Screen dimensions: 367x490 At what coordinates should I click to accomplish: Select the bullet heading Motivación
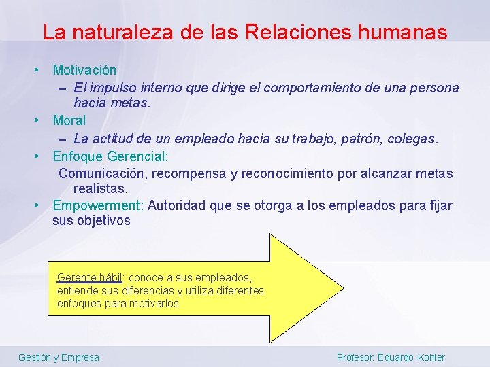pos(84,70)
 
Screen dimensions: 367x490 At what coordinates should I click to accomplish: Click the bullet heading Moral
pos(69,120)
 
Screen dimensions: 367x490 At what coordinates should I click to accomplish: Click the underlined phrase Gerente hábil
pos(89,277)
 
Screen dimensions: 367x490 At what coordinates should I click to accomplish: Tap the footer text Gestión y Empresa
pos(59,357)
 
